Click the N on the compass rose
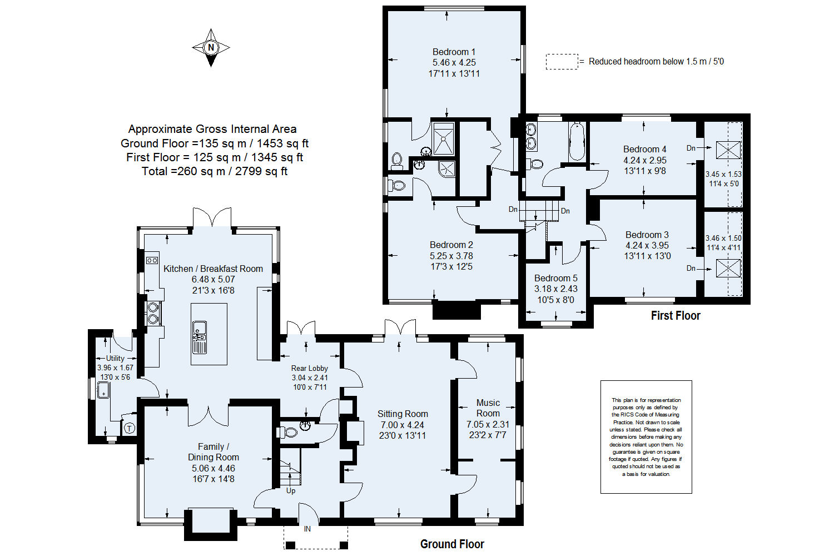coord(211,48)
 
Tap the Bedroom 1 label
coord(454,52)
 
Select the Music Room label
coord(488,408)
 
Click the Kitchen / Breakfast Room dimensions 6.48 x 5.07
coord(214,279)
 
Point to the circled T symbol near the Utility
coord(129,428)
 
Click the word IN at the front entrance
coord(307,529)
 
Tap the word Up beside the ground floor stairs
coord(291,491)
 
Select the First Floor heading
coord(676,316)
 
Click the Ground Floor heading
coord(452,544)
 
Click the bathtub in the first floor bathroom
coord(577,141)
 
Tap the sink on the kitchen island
coord(200,337)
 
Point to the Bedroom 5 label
coord(556,278)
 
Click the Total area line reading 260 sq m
coord(215,171)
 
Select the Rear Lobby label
coord(309,368)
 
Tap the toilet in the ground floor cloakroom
coord(287,432)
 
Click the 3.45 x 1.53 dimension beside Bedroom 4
coord(723,174)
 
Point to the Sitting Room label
coord(403,414)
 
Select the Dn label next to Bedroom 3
coord(691,268)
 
